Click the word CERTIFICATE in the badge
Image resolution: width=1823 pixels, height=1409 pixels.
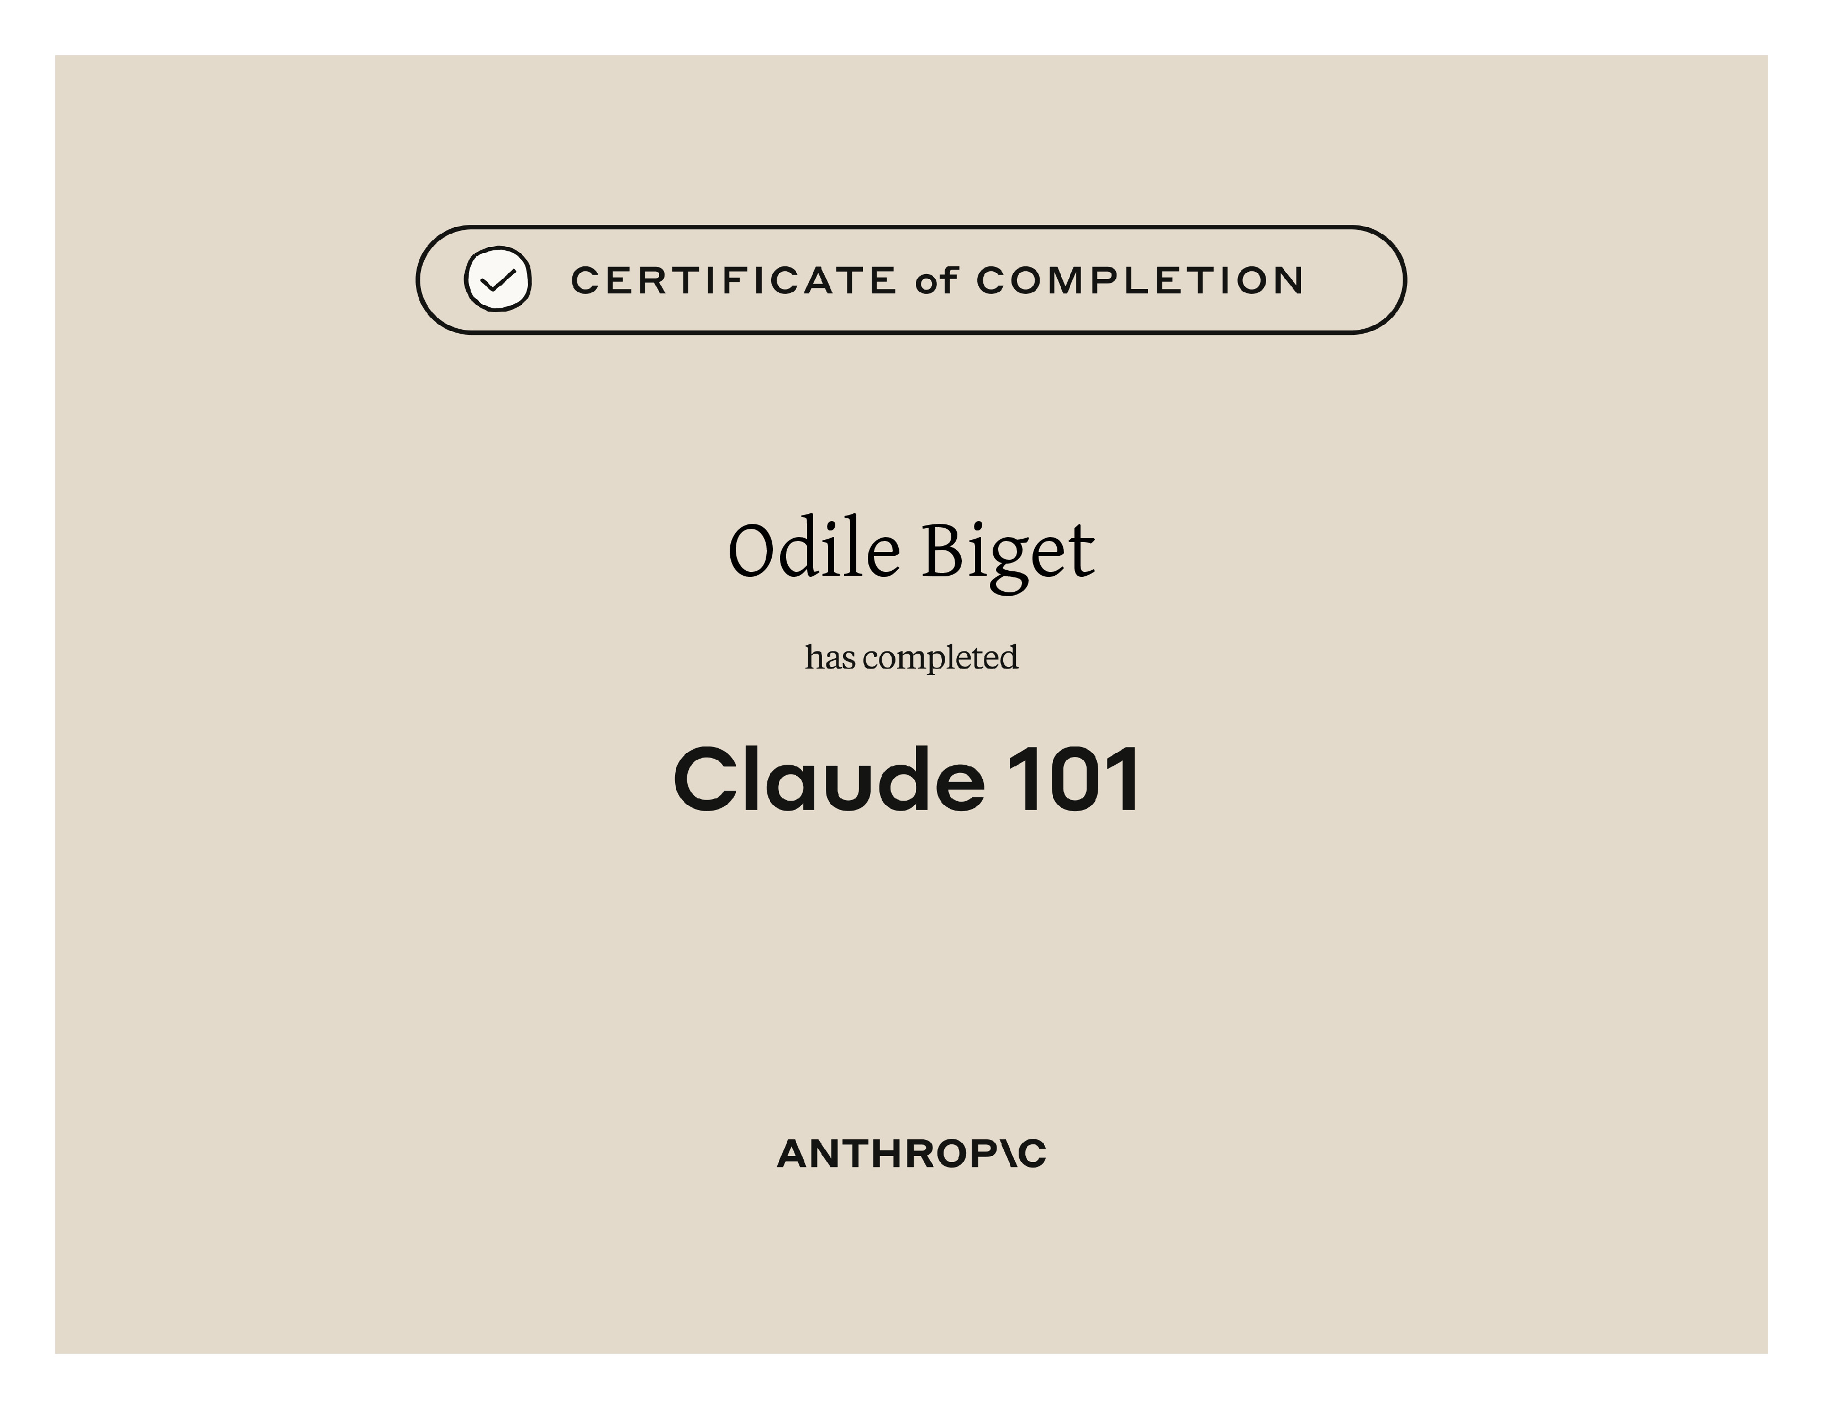(x=733, y=281)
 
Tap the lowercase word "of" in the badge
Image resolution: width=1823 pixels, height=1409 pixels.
(x=936, y=281)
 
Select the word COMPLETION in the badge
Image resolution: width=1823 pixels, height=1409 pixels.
(x=1139, y=281)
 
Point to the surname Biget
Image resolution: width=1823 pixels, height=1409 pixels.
(x=1008, y=555)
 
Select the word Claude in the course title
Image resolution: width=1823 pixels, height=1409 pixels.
(x=829, y=778)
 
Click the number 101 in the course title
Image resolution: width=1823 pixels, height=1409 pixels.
(x=1073, y=778)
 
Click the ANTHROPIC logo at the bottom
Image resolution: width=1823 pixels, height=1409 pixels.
(x=911, y=1154)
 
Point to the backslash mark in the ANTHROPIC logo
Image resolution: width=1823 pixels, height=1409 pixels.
(x=1008, y=1154)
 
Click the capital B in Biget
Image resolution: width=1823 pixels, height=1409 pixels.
(x=943, y=550)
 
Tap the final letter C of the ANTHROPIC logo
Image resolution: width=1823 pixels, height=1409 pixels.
(x=1032, y=1154)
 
